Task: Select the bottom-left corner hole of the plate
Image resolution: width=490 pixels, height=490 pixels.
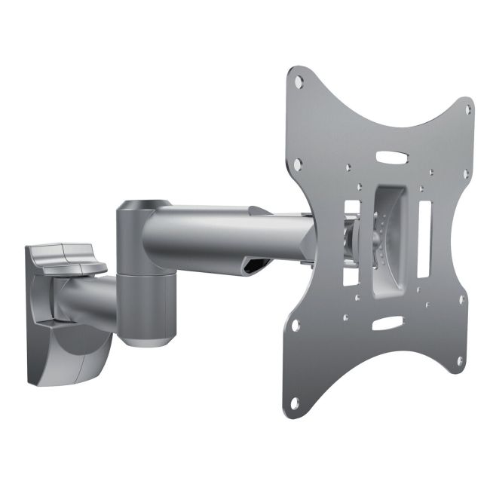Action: tap(295, 325)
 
